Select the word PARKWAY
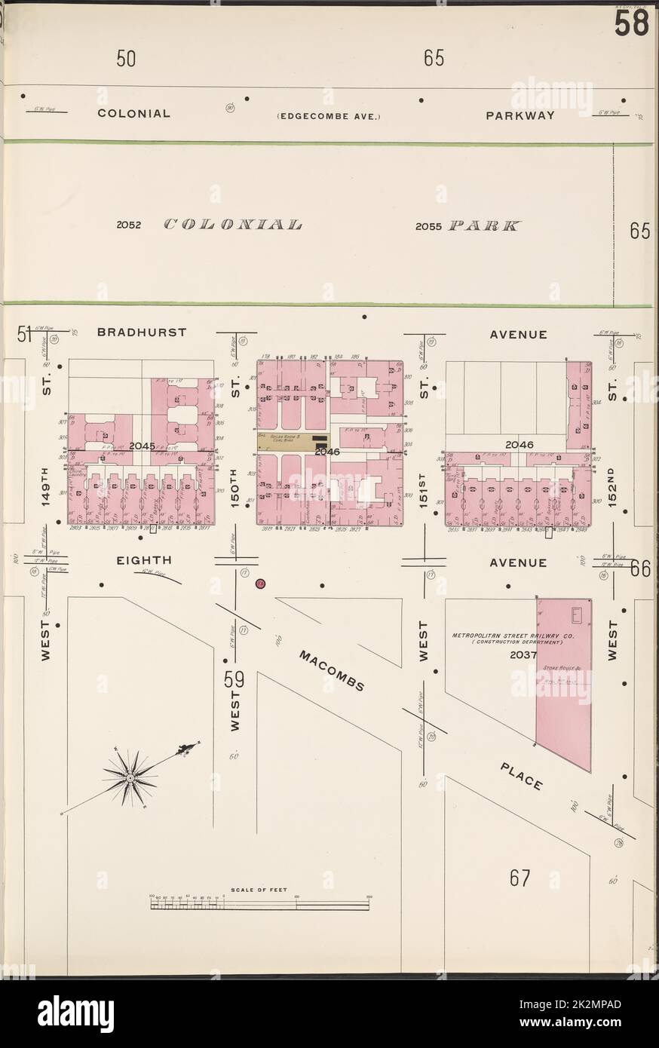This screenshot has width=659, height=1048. pyautogui.click(x=520, y=115)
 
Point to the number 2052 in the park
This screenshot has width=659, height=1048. pyautogui.click(x=130, y=225)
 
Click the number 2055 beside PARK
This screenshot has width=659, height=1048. pyautogui.click(x=430, y=225)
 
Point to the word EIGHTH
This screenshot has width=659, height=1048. pyautogui.click(x=144, y=561)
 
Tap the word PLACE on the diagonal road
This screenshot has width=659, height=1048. pyautogui.click(x=521, y=776)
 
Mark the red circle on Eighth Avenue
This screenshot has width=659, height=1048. pyautogui.click(x=259, y=584)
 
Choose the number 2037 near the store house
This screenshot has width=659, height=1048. pyautogui.click(x=522, y=654)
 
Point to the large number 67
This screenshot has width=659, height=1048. pyautogui.click(x=520, y=878)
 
